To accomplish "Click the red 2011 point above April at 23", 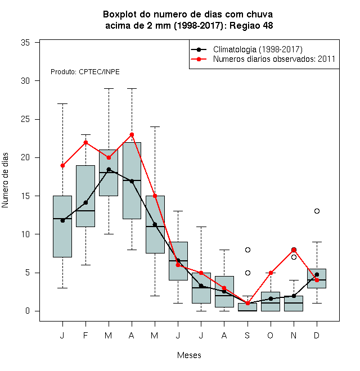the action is click(x=132, y=135).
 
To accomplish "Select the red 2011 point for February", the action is click(x=85, y=142).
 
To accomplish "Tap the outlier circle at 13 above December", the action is click(x=317, y=211).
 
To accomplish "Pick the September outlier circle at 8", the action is click(x=247, y=250).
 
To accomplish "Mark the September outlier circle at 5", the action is click(x=247, y=273).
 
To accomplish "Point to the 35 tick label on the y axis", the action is click(x=25, y=43).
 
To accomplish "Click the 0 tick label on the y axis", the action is click(x=28, y=311).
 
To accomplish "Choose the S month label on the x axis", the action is click(x=247, y=335).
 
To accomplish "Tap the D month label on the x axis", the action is click(x=317, y=335).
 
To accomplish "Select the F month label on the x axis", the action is click(x=85, y=335).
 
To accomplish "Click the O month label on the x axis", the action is click(x=270, y=335).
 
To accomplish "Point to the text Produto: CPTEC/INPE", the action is click(x=85, y=72).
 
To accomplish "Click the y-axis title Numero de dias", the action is click(x=5, y=180).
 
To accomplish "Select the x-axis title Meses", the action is click(x=189, y=355).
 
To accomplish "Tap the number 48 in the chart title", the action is click(x=268, y=25).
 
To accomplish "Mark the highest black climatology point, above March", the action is click(x=109, y=169).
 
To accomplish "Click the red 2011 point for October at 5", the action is click(x=271, y=273).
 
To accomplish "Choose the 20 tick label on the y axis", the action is click(x=25, y=157).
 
